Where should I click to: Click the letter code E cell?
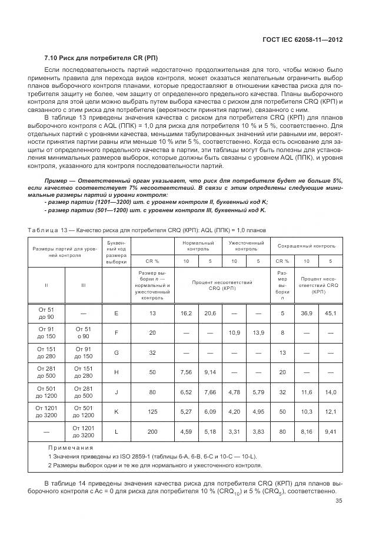pyautogui.click(x=117, y=313)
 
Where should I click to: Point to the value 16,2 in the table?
pyautogui.click(x=185, y=313)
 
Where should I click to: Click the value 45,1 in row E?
pyautogui.click(x=330, y=313)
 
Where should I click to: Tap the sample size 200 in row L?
pyautogui.click(x=152, y=431)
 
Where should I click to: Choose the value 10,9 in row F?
pyautogui.click(x=234, y=332)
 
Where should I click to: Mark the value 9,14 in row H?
pyautogui.click(x=210, y=372)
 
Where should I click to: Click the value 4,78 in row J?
pyautogui.click(x=234, y=391)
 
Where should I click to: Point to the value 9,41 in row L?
pyautogui.click(x=330, y=431)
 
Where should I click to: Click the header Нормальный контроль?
pyautogui.click(x=198, y=245)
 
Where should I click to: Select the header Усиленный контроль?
pyautogui.click(x=245, y=245)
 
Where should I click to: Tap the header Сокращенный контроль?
pyautogui.click(x=306, y=245)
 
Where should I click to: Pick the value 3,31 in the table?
pyautogui.click(x=234, y=431)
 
